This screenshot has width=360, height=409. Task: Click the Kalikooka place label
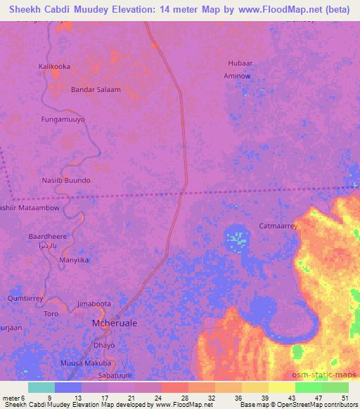[54, 66]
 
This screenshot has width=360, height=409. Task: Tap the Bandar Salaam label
[96, 90]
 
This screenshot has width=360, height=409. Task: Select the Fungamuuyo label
[63, 119]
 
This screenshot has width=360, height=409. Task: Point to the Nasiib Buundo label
[66, 181]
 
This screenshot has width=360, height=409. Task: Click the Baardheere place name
[47, 237]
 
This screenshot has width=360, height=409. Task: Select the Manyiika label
[74, 260]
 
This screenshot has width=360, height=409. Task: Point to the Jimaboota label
[94, 304]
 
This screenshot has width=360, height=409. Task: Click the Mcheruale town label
[115, 323]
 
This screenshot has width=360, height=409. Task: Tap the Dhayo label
[103, 345]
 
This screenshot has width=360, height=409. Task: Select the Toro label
[51, 313]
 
